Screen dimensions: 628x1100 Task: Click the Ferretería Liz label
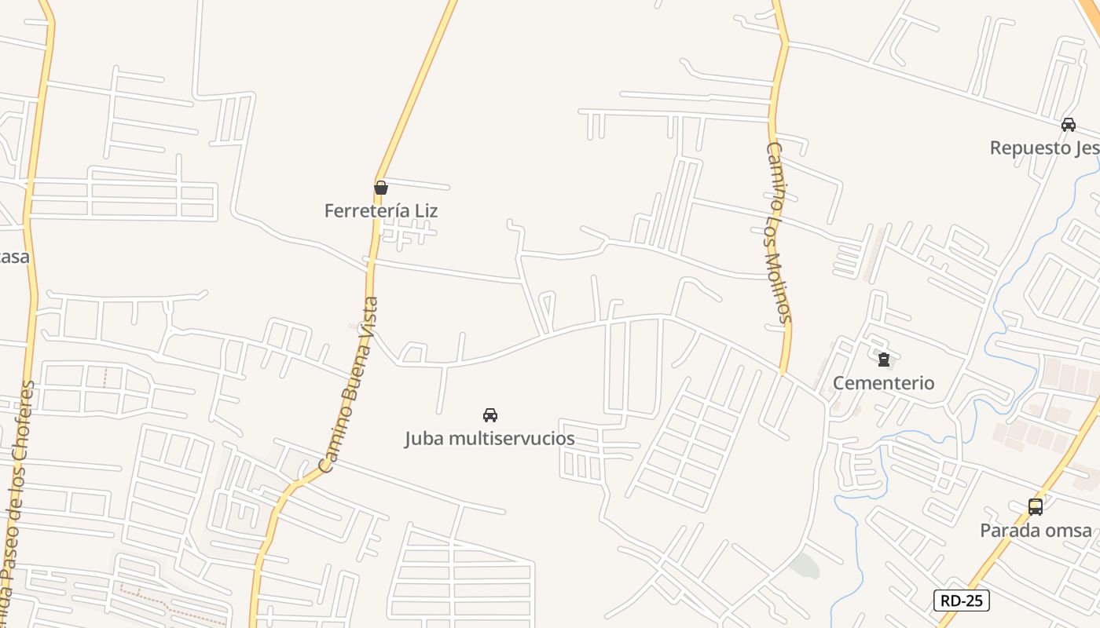(x=381, y=210)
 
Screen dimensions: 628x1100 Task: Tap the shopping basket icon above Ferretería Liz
(x=381, y=188)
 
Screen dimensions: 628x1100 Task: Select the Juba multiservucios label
(x=489, y=438)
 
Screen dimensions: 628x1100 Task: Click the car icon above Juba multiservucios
(x=490, y=414)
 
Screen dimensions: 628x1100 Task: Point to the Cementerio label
(x=883, y=383)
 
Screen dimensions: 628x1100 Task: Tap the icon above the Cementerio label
(x=884, y=360)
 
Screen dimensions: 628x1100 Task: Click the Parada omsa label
(x=1036, y=530)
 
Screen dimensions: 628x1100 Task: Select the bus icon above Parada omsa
(x=1036, y=507)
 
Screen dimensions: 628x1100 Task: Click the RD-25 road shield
(x=962, y=601)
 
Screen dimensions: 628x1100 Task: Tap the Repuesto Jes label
(x=1043, y=148)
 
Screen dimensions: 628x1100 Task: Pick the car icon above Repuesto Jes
(x=1069, y=125)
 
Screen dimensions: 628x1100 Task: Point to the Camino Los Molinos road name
(x=778, y=232)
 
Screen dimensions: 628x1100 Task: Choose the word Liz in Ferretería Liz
(x=425, y=210)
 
